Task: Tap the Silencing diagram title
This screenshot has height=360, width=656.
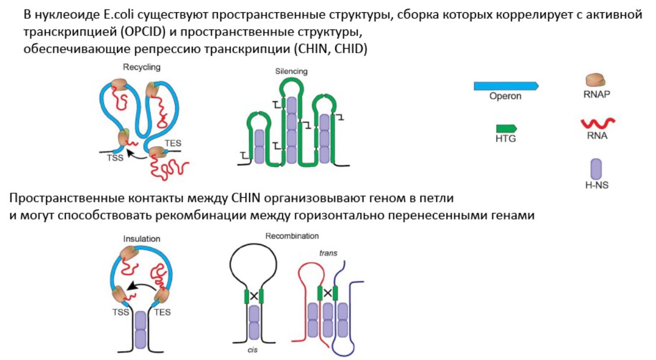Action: (x=292, y=71)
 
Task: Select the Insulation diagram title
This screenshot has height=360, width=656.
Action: (x=142, y=239)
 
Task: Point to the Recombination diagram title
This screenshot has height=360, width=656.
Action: (x=292, y=236)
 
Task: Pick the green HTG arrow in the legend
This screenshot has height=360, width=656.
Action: (x=506, y=128)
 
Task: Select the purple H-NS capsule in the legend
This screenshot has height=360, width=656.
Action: (x=596, y=169)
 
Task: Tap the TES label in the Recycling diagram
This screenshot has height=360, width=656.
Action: (x=173, y=143)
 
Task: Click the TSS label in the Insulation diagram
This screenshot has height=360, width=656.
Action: (x=120, y=312)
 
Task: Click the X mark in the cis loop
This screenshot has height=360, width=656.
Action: (x=254, y=296)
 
